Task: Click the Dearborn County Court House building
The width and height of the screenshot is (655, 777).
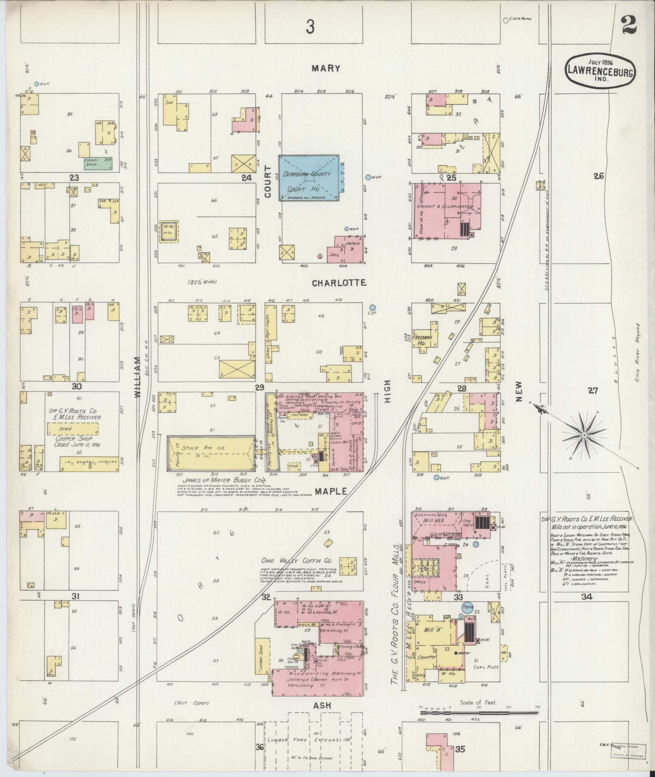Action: tap(309, 177)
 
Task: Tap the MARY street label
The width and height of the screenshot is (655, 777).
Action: tap(326, 68)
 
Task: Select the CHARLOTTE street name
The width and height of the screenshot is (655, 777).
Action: tap(339, 283)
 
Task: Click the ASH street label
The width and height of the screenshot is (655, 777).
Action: tap(322, 706)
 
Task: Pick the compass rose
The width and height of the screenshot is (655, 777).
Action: tap(584, 435)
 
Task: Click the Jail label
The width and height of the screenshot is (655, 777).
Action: tap(335, 255)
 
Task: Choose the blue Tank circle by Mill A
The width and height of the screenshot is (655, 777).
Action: tap(467, 608)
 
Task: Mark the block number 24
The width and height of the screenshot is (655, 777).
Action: tap(246, 177)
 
